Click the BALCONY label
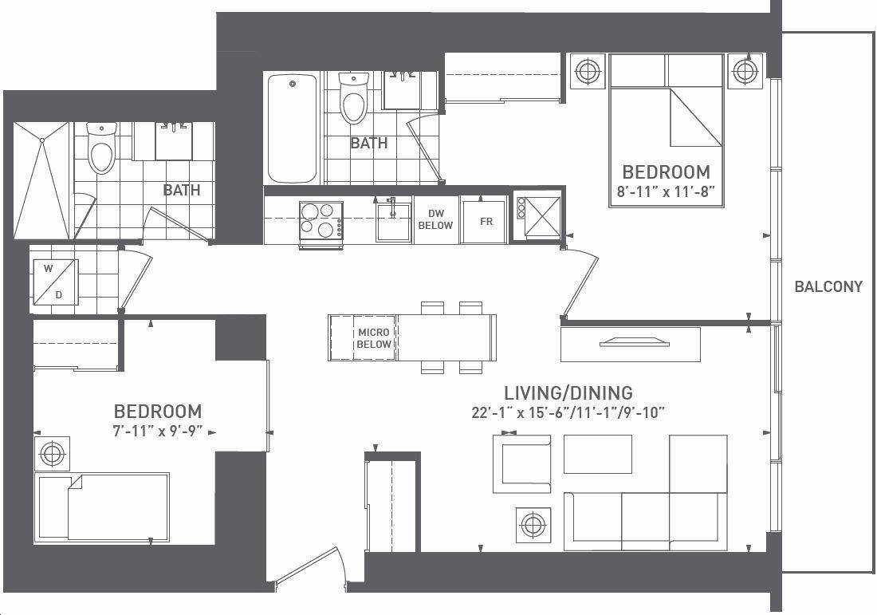pos(828,286)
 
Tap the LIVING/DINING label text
pos(568,392)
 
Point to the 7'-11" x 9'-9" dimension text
pos(157,432)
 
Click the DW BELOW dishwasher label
pos(435,219)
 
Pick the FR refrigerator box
pos(485,222)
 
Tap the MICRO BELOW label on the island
pos(374,338)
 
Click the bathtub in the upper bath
pos(292,128)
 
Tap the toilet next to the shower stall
pos(101,148)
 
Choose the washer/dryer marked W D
pos(54,282)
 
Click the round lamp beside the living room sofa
pos(533,525)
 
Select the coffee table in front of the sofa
pos(597,454)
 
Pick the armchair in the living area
pos(522,464)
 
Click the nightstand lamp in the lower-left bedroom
pos(52,453)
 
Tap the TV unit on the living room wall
pos(631,344)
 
